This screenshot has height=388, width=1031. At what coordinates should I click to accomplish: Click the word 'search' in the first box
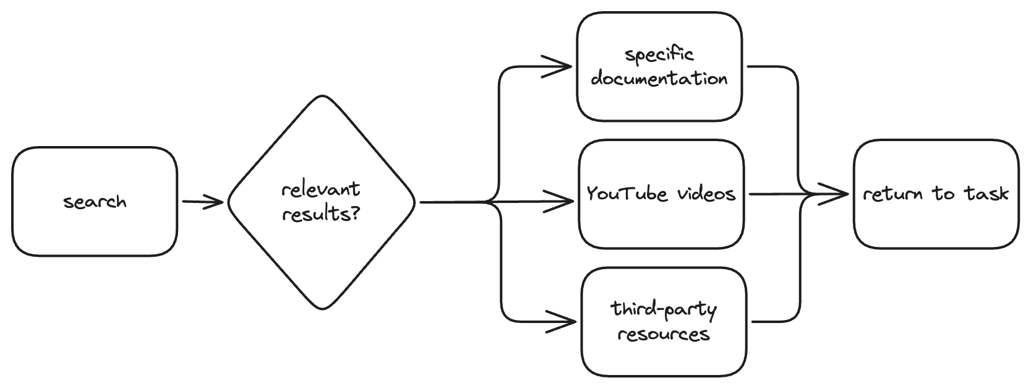click(x=95, y=202)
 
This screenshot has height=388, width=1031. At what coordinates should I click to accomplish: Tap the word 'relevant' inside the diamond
click(x=320, y=189)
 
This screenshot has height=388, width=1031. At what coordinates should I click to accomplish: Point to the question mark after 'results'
click(x=356, y=214)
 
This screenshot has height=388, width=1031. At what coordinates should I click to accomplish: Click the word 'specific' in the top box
click(x=659, y=55)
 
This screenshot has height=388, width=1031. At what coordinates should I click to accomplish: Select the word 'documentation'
click(x=659, y=79)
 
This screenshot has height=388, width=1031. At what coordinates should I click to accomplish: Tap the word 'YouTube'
click(x=627, y=194)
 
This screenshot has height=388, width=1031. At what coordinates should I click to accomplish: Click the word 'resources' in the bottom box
click(x=664, y=335)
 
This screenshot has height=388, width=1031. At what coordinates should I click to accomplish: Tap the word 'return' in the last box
click(x=893, y=194)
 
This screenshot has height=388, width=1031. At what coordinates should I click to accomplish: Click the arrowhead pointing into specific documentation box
click(x=567, y=66)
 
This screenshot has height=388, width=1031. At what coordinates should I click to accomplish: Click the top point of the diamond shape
click(x=322, y=97)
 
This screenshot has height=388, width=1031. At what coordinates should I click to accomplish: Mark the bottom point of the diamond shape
click(x=322, y=308)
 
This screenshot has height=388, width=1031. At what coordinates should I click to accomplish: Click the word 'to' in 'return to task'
click(x=944, y=194)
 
